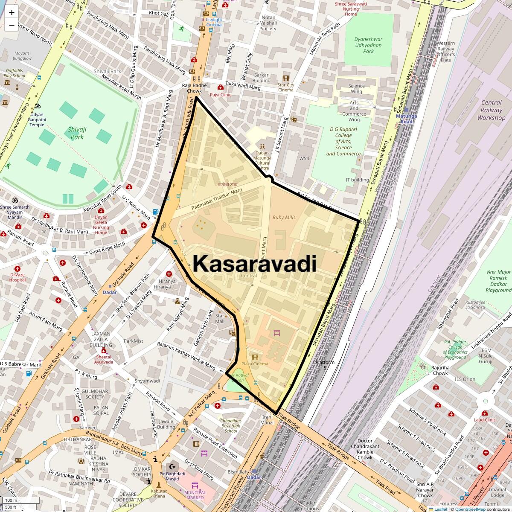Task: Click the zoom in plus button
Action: tap(12, 13)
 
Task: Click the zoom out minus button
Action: tap(12, 25)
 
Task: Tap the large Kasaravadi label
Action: tap(255, 263)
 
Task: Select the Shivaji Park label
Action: tap(77, 133)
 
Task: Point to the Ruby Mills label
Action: tap(284, 217)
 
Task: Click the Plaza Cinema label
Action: tap(255, 364)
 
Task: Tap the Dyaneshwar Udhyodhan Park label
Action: tap(368, 45)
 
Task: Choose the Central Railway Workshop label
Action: tap(491, 110)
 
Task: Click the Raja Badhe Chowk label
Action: tap(194, 88)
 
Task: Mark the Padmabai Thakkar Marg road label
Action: tap(217, 199)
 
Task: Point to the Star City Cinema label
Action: tap(286, 87)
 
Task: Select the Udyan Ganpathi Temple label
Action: tap(37, 119)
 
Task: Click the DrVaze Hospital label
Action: tap(17, 277)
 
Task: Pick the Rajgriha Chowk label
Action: tap(440, 370)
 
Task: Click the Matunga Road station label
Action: tap(406, 119)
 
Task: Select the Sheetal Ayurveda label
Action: tap(104, 359)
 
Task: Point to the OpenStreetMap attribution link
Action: tap(470, 509)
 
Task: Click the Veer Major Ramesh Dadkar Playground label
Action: tap(498, 281)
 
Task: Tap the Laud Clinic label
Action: tap(485, 419)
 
